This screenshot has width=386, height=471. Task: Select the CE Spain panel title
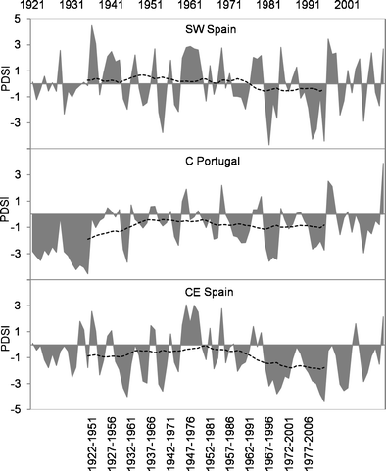tap(208, 292)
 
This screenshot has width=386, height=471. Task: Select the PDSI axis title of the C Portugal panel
tap(7, 213)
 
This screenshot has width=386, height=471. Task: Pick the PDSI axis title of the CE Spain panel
tap(7, 345)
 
